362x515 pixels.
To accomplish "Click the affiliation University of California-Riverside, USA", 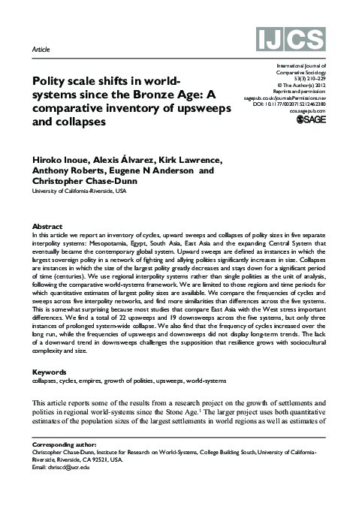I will click(x=79, y=191).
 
